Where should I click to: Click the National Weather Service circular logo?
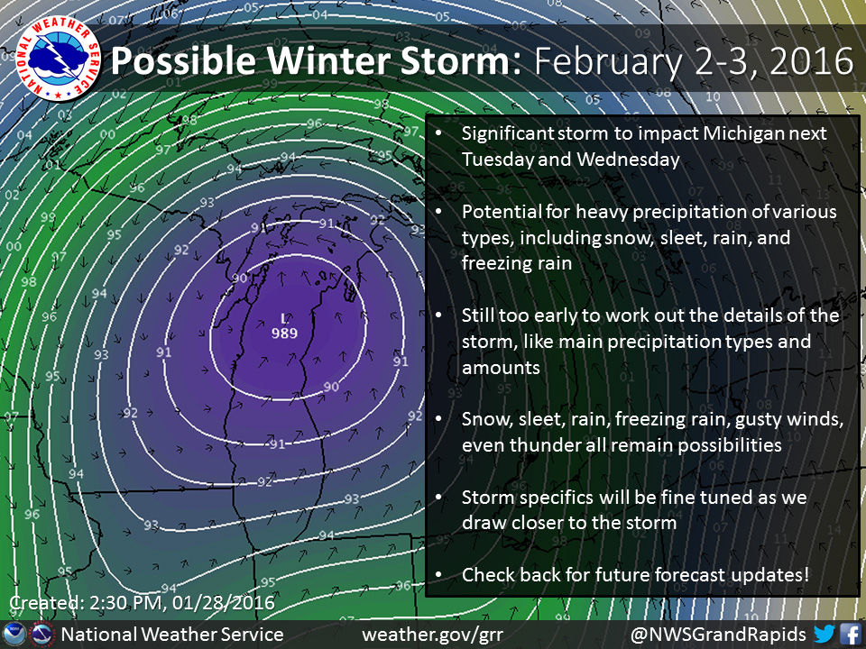coord(58,58)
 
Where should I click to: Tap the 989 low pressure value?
coord(284,333)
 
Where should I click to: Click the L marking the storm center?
coord(284,318)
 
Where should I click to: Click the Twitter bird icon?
coord(824,634)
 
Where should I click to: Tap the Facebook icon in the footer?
coord(851,634)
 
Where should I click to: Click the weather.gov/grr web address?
coord(432,635)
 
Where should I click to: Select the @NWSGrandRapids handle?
coord(718,635)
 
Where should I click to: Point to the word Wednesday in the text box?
coord(629,160)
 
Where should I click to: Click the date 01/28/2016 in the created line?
coord(223,602)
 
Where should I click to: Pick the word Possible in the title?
coord(183,60)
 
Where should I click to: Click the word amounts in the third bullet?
coord(501,368)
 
